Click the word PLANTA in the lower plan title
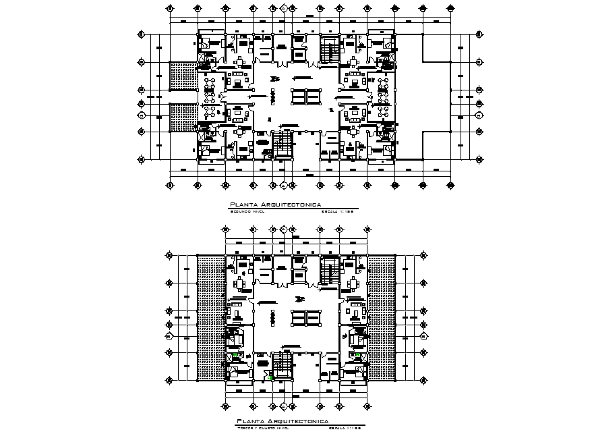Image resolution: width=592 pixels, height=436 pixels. click(x=249, y=420)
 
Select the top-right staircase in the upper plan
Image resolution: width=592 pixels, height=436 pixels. click(x=330, y=51)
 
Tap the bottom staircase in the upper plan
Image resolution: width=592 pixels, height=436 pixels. click(x=282, y=143)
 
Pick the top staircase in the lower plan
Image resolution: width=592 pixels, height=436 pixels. click(x=330, y=273)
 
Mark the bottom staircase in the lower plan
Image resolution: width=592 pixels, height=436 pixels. click(x=282, y=365)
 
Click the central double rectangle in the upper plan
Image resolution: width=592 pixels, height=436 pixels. click(x=305, y=96)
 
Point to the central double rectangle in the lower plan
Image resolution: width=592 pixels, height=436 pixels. click(x=305, y=317)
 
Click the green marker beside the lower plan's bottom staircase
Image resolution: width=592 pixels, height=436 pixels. click(x=270, y=378)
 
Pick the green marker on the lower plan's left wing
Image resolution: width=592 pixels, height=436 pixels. click(x=235, y=356)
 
